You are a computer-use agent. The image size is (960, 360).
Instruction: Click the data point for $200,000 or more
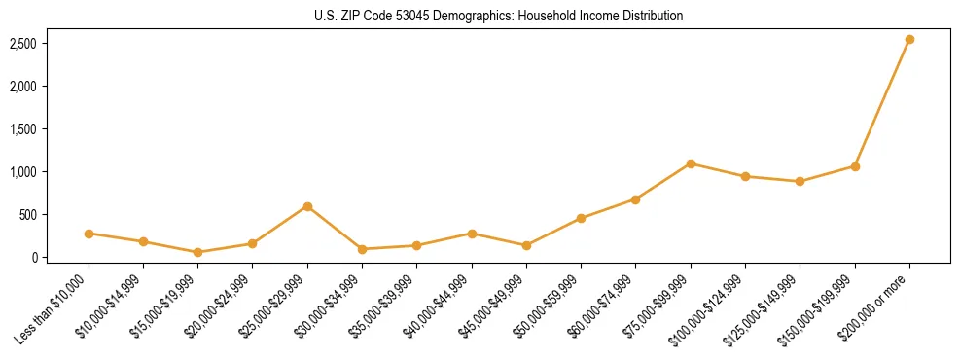(909, 40)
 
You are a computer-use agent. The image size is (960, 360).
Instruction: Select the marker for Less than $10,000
(89, 234)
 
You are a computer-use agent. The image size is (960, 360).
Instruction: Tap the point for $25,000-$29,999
(307, 206)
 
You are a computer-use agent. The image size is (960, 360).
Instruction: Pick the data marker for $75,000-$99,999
(691, 163)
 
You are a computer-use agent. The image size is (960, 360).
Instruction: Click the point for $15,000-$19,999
(198, 252)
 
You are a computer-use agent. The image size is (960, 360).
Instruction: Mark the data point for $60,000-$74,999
(635, 199)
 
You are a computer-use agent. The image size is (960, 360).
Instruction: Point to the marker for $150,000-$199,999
(855, 166)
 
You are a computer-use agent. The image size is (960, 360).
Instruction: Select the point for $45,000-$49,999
(526, 245)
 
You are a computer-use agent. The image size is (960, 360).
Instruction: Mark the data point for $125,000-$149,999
(800, 181)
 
